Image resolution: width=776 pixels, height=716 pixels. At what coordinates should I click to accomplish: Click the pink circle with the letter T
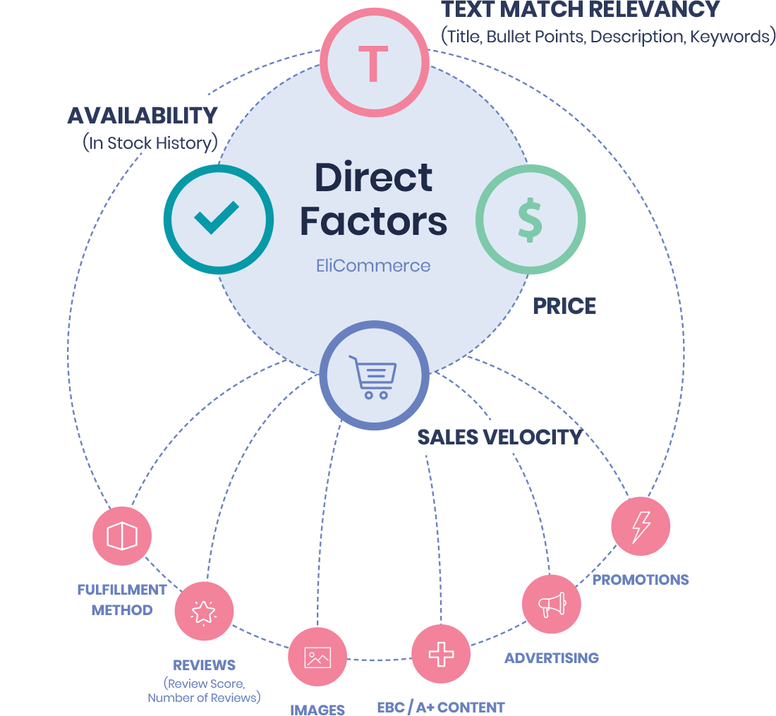click(x=374, y=63)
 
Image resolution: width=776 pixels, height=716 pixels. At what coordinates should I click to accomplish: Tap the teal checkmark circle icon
click(x=219, y=218)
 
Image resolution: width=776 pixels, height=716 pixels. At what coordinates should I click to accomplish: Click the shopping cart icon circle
click(x=374, y=375)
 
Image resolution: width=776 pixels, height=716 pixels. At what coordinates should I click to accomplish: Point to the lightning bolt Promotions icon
click(x=641, y=526)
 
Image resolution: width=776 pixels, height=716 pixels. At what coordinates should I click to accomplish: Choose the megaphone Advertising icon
click(x=552, y=605)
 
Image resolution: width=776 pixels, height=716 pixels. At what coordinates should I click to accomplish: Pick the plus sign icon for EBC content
click(x=441, y=654)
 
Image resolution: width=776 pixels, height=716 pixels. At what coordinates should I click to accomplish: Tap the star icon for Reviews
click(x=204, y=611)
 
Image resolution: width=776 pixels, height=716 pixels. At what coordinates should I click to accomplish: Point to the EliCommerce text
click(x=373, y=266)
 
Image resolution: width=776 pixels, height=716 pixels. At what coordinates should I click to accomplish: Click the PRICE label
click(x=564, y=306)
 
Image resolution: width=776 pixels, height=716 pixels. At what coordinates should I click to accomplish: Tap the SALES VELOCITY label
click(x=499, y=437)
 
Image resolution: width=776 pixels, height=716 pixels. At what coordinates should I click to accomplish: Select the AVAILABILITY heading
click(x=143, y=115)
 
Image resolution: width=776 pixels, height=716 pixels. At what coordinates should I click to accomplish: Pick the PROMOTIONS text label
click(x=641, y=580)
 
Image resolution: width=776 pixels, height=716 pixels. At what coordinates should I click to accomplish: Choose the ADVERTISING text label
click(x=552, y=658)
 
